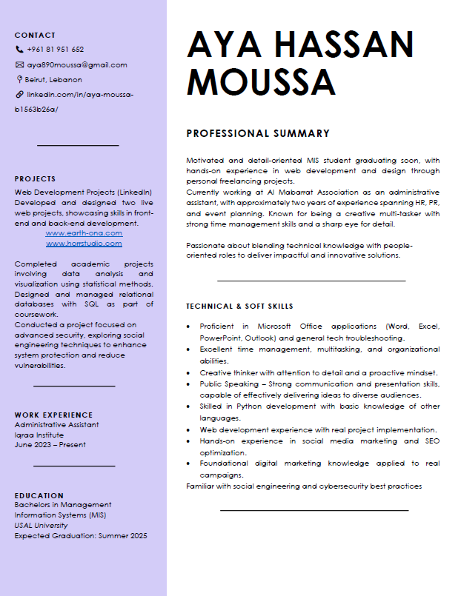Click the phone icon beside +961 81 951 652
point(19,50)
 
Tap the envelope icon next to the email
point(19,64)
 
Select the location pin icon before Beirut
point(19,79)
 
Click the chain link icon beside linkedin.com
point(19,95)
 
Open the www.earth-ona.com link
point(84,233)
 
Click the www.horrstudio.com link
point(84,244)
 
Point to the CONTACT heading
point(35,35)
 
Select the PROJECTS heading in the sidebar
point(35,178)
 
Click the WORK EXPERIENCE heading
point(53,415)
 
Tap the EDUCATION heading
point(39,495)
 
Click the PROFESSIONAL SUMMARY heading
point(258,134)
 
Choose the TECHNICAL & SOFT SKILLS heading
point(239,306)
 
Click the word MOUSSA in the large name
point(262,80)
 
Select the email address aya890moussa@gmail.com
point(77,64)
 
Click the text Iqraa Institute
point(39,435)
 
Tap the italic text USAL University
point(41,525)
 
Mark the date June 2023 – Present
point(50,445)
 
